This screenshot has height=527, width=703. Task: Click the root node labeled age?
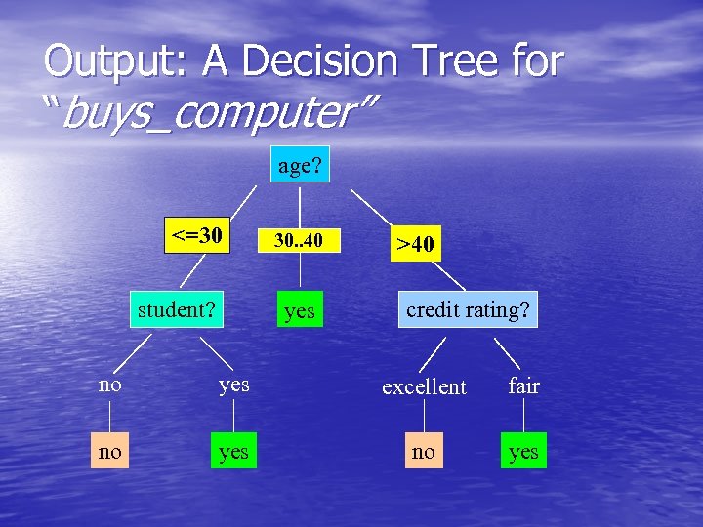[300, 166]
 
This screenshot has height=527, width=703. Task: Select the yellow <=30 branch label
[197, 235]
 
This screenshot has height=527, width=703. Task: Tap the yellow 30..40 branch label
[298, 240]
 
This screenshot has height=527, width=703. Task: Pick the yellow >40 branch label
[417, 243]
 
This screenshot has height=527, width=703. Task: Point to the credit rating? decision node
[468, 309]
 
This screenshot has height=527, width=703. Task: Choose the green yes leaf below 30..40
[300, 310]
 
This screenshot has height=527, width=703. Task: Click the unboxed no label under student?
[110, 385]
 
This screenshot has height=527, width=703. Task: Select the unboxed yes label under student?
[233, 385]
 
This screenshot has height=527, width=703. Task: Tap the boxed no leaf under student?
[110, 451]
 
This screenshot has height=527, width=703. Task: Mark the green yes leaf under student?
[233, 451]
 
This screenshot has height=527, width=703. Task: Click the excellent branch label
[424, 386]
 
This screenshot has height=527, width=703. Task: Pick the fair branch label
[523, 385]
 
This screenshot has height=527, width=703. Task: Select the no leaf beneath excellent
[424, 451]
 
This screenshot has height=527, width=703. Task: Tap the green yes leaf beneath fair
[523, 451]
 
